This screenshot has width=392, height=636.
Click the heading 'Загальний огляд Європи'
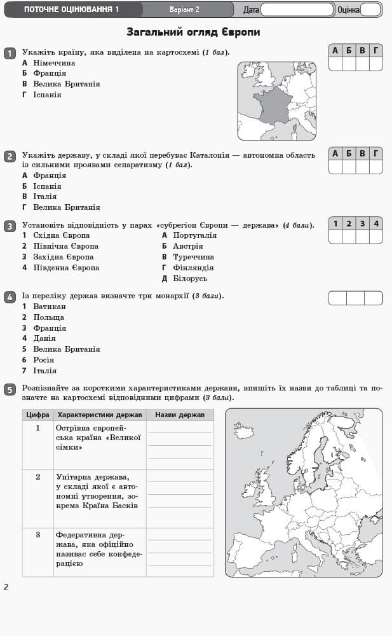193,32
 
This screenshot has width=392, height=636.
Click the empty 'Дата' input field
297,10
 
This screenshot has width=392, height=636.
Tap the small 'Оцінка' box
370,10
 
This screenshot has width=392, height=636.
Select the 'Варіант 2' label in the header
184,10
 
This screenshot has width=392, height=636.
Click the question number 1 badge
10,53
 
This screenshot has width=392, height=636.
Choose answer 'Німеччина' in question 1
54,63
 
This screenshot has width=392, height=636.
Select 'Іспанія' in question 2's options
47,186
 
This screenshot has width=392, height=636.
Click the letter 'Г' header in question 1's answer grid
376,50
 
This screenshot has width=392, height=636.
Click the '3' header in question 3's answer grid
362,223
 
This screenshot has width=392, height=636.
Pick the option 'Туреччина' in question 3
193,257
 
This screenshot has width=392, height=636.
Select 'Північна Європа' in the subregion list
65,246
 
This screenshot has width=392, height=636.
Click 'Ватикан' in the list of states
49,307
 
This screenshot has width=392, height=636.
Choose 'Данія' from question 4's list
44,338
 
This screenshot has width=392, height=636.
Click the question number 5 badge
10,389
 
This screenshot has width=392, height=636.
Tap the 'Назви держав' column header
180,415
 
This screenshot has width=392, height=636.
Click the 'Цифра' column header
37,415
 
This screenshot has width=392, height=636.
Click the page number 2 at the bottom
6,587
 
